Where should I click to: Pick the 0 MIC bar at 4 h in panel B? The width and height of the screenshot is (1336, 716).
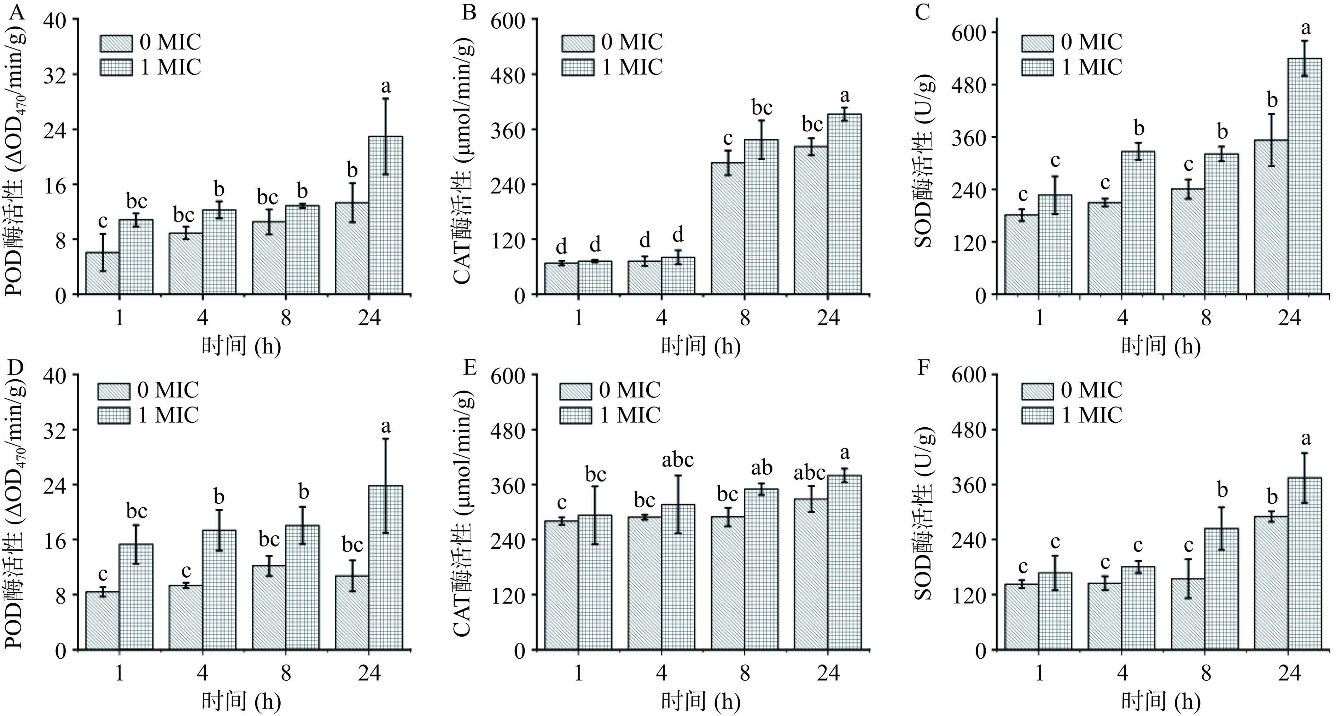644,278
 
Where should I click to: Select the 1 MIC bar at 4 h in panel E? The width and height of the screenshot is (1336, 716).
678,577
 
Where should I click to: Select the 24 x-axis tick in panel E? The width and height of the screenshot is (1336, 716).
828,674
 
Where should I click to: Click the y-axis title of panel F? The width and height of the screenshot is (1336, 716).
924,512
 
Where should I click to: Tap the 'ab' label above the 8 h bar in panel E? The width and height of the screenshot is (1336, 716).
762,468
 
